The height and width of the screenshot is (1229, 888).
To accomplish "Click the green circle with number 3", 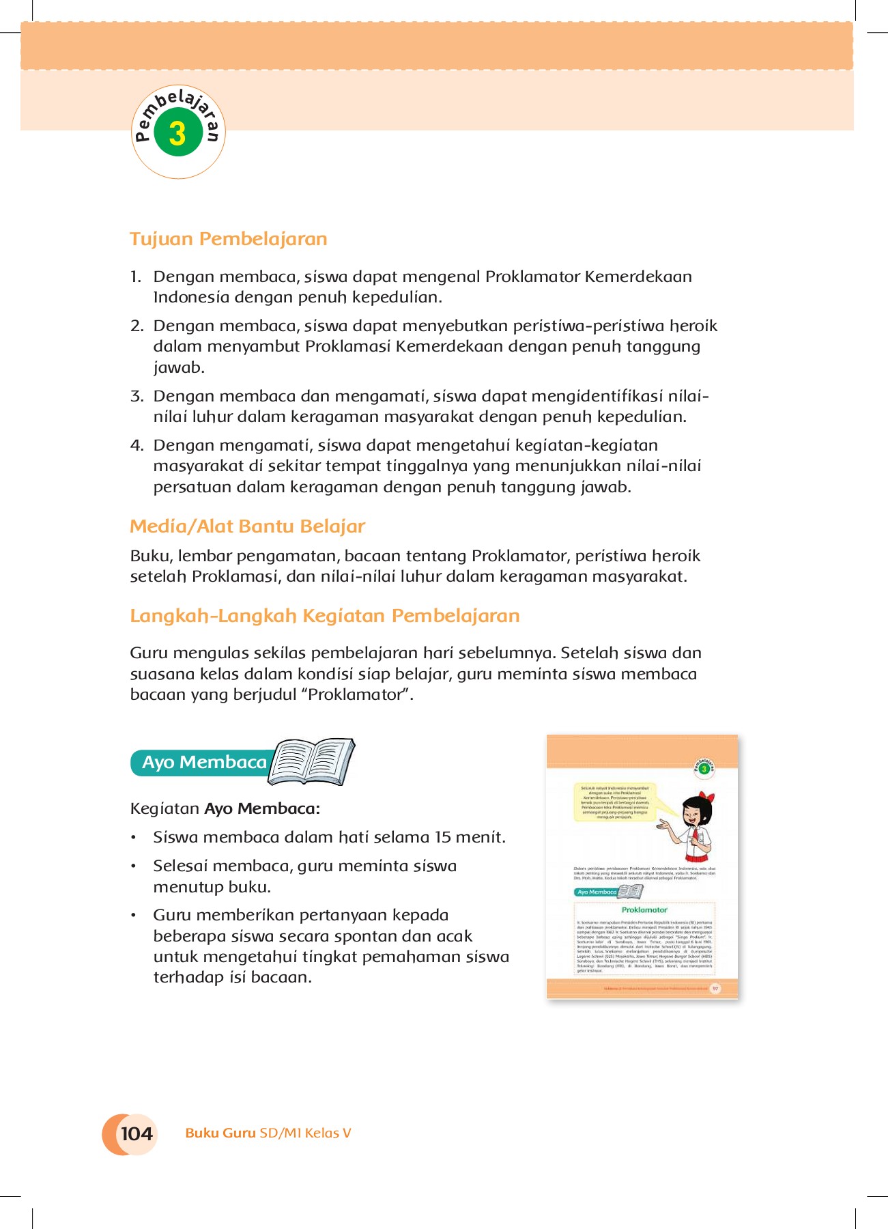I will point(177,133).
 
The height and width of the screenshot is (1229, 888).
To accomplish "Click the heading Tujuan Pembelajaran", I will point(229,239).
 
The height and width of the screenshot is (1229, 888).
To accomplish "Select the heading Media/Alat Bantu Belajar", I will point(247,526).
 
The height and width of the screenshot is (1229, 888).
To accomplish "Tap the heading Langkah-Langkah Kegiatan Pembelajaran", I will point(325,616).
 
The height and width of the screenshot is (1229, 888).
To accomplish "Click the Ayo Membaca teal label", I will point(203,763).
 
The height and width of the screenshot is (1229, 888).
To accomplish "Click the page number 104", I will point(136,1134).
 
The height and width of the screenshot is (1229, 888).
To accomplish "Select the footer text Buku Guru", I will point(220,1133).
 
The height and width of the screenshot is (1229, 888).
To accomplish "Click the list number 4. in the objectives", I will point(137,446).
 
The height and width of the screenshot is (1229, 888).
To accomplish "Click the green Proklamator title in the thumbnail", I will point(644,910).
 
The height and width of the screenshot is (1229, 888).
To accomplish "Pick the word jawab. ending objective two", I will point(179,368).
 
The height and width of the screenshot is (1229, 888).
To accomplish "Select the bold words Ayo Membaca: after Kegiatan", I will point(262,809).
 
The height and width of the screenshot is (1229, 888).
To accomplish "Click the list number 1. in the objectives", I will point(136,277).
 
